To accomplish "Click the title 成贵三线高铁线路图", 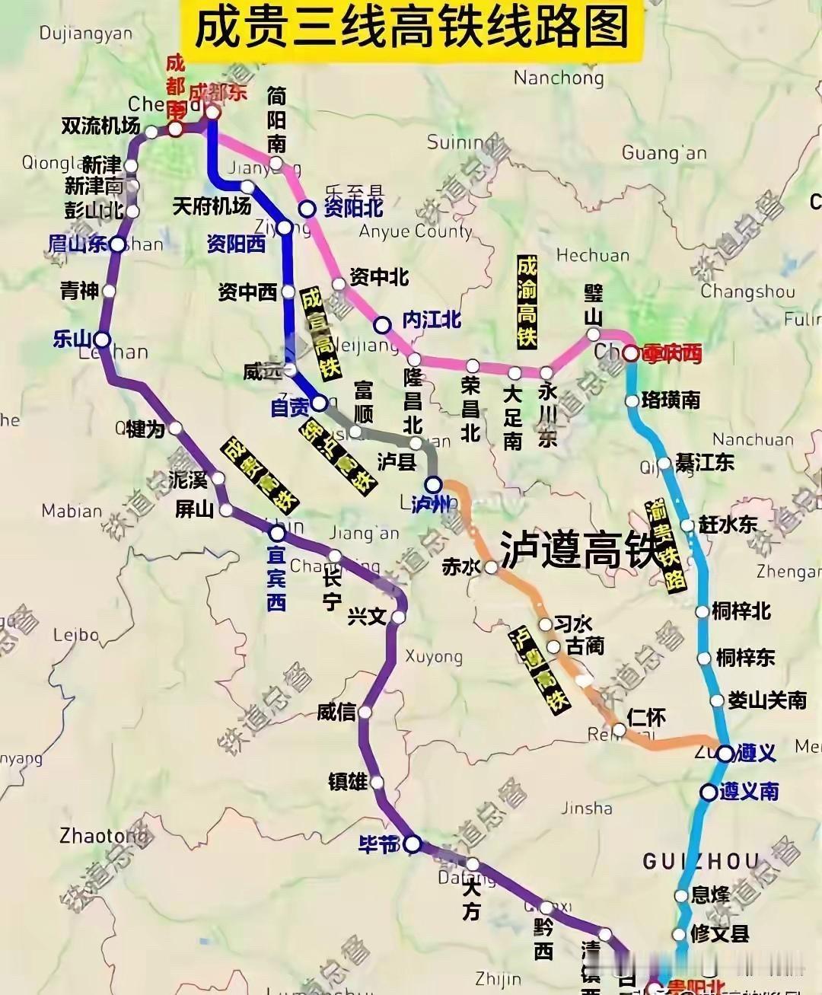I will click(x=412, y=29).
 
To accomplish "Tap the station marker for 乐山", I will click(x=101, y=339).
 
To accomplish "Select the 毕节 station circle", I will click(x=412, y=844).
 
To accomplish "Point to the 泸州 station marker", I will click(x=433, y=483).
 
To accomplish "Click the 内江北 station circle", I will click(x=382, y=325).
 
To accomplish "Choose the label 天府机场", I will click(x=212, y=206).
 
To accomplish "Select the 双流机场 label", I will click(x=100, y=126).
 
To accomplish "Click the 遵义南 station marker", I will click(x=709, y=792).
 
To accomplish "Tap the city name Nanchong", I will click(x=558, y=78).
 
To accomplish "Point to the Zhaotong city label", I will click(x=104, y=836).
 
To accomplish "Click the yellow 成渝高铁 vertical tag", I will click(x=527, y=302).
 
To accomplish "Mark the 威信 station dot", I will click(x=365, y=713).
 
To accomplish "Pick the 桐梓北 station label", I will click(x=741, y=611).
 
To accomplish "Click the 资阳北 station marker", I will click(x=307, y=209).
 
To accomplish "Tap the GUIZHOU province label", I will click(x=700, y=861).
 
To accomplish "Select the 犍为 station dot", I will click(x=176, y=428).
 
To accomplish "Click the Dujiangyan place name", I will click(x=85, y=33).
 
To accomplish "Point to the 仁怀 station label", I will click(x=646, y=716).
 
